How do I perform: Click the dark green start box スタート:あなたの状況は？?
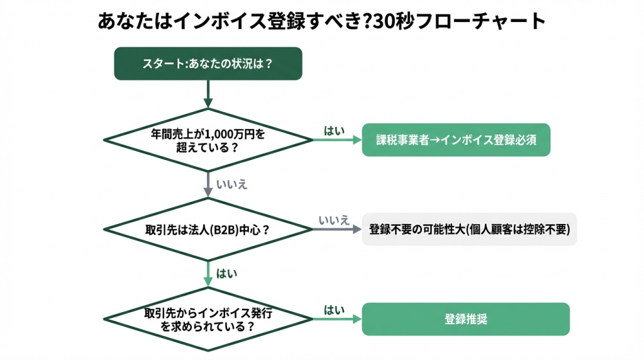tap(208, 64)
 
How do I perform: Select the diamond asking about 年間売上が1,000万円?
tap(208, 140)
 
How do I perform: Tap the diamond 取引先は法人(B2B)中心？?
tap(208, 229)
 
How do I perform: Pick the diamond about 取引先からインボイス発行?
tap(208, 319)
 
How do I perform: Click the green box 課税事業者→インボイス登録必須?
tap(456, 140)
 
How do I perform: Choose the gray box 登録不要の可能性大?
tap(469, 229)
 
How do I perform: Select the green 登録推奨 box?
tap(466, 319)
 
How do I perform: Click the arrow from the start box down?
tap(208, 94)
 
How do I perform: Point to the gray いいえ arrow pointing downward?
tap(208, 184)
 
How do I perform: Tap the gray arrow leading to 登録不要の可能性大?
tap(337, 229)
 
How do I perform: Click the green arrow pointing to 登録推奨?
tap(337, 319)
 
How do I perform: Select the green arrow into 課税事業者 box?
tap(337, 140)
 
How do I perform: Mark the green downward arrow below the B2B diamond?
tap(208, 274)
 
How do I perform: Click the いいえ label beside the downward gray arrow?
tap(231, 184)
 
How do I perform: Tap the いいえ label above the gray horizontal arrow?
tap(334, 220)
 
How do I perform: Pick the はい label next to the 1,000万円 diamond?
tap(334, 131)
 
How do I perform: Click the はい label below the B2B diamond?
tap(226, 274)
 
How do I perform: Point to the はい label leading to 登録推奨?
tap(334, 310)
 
